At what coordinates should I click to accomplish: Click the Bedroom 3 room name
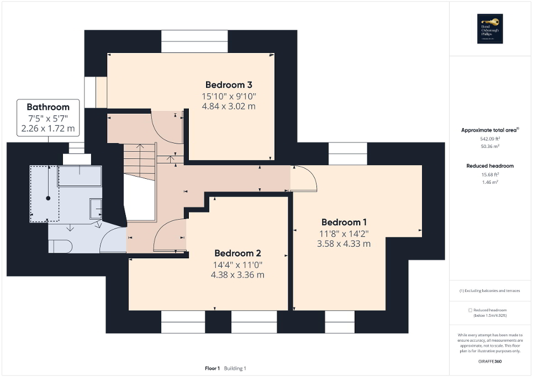229,85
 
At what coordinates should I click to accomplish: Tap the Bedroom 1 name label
344,222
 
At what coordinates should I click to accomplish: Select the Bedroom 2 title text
238,253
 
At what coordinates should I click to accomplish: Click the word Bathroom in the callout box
48,107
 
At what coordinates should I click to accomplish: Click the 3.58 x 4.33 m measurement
344,243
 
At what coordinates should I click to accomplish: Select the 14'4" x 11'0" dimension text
238,264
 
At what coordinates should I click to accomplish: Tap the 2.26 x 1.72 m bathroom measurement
48,129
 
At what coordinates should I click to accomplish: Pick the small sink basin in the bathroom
95,208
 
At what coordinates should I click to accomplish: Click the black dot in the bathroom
48,198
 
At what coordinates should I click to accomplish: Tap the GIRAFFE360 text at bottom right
490,360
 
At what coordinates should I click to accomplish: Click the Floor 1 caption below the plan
212,368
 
